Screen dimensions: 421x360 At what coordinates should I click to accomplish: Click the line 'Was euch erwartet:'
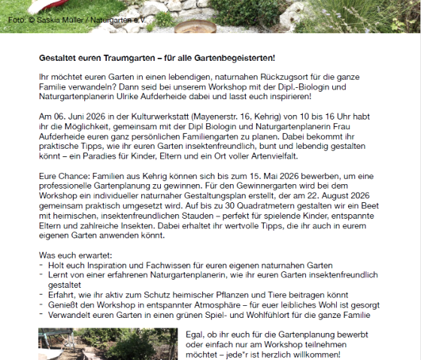click(75, 256)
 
